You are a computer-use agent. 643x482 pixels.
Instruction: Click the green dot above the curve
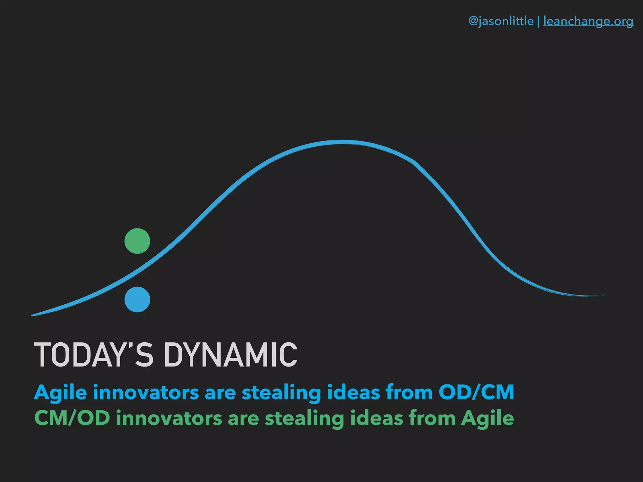tap(137, 241)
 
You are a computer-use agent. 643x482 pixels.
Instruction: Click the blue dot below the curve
tap(137, 299)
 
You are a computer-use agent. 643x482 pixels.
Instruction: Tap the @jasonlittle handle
tap(501, 21)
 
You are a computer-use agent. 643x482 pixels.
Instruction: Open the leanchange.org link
tap(588, 21)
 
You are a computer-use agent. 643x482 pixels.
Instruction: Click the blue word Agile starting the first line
tap(60, 393)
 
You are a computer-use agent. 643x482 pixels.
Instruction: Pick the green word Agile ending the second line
tap(487, 419)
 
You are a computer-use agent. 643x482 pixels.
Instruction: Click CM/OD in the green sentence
tap(72, 418)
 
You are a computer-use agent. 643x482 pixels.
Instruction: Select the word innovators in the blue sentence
tap(146, 392)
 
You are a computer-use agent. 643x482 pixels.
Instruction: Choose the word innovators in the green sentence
tap(169, 418)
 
